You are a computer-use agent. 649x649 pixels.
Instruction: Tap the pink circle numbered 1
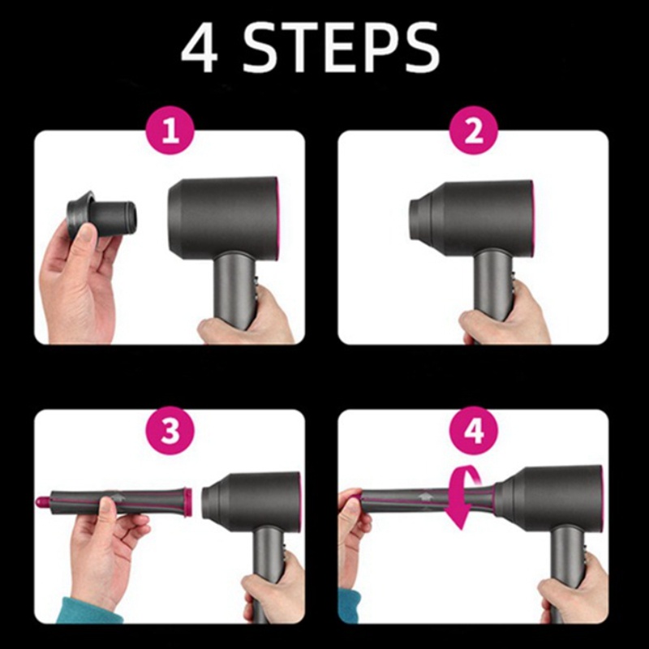[170, 131]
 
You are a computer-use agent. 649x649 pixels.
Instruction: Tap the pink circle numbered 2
[474, 131]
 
